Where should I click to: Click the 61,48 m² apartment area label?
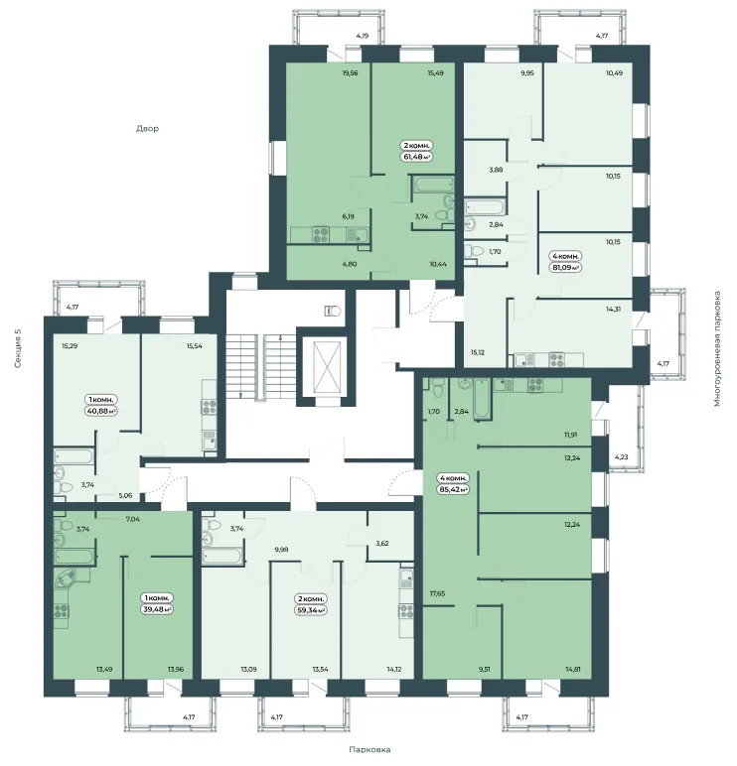coord(417,157)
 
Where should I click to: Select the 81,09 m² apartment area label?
coord(566,268)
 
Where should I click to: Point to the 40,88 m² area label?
coord(101,411)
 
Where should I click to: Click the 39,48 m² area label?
coord(158,609)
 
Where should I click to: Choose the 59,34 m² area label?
coord(311,610)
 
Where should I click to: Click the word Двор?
coord(147,129)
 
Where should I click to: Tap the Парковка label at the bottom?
coord(369,749)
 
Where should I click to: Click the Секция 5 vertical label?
coord(18,348)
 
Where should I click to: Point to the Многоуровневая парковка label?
coord(717,349)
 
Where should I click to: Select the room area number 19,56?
coord(351,73)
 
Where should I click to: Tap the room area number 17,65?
coord(437,593)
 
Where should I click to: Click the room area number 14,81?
coord(572,670)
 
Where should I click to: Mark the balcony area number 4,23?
coord(621,457)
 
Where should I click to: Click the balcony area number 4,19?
coord(363,35)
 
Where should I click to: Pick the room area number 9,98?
coord(282,549)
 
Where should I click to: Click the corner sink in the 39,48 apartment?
coord(65,579)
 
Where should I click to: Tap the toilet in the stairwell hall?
coord(334,311)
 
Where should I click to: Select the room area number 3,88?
coord(496,170)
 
